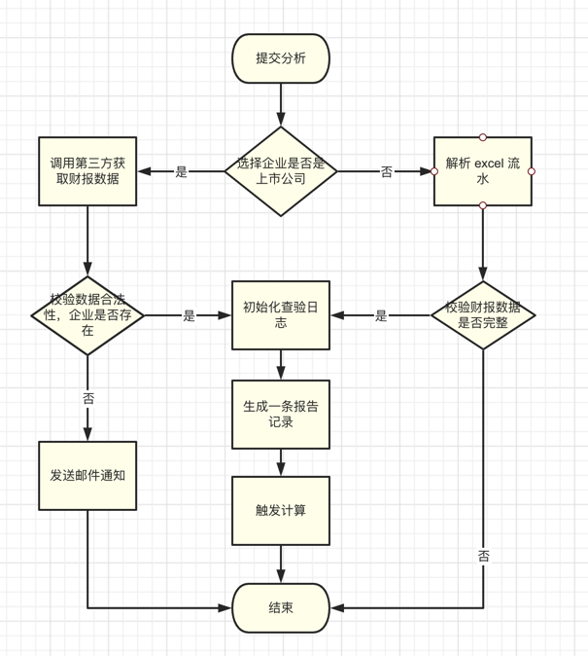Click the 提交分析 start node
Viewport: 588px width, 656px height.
click(281, 58)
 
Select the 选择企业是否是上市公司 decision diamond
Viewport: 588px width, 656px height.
click(281, 171)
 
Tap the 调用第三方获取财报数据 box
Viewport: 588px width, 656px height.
click(87, 171)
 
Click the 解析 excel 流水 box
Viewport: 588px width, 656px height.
click(483, 171)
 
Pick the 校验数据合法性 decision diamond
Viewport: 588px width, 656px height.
click(87, 315)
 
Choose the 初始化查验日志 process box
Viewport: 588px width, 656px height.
click(281, 315)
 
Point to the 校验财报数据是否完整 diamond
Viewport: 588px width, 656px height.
click(483, 315)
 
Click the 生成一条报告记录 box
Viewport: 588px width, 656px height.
click(281, 414)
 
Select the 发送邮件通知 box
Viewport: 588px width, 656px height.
click(87, 476)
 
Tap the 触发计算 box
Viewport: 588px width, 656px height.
click(281, 510)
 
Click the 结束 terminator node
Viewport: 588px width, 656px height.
click(281, 607)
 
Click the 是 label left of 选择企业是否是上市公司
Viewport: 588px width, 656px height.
click(182, 172)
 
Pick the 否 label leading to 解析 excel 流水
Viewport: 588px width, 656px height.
click(387, 172)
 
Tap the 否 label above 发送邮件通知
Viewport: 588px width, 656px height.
click(88, 398)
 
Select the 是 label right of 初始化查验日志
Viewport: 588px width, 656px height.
click(381, 316)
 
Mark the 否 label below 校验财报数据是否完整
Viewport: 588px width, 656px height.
click(484, 557)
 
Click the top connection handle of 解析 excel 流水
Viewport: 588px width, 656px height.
click(483, 137)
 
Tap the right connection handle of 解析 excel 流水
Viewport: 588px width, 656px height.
click(532, 171)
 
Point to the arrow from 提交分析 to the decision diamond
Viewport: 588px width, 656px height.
click(281, 104)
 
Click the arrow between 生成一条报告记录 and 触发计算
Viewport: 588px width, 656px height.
click(281, 461)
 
